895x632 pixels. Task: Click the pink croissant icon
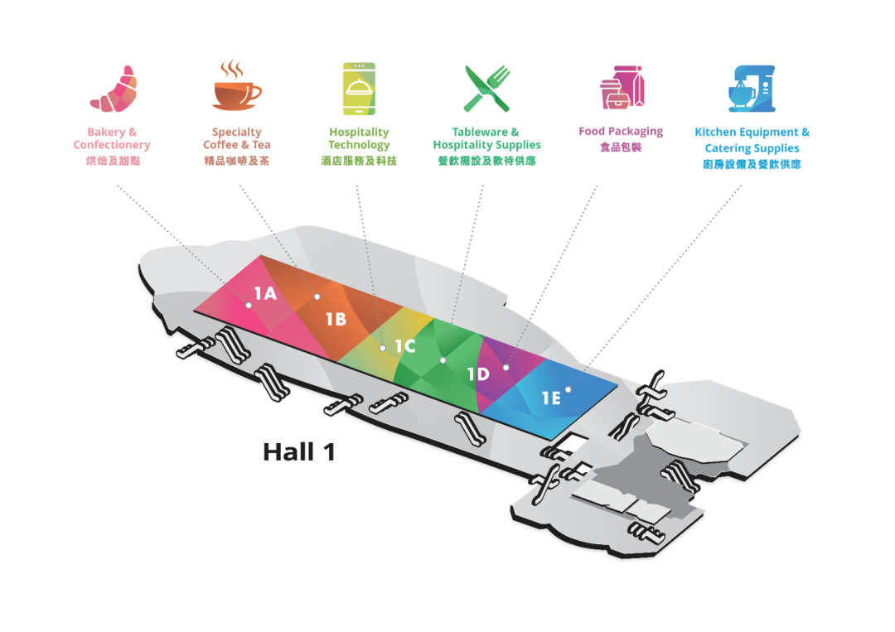point(114,89)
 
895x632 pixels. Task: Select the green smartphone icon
point(359,89)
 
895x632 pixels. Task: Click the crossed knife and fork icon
point(487,89)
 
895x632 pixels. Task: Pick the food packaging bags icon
point(622,87)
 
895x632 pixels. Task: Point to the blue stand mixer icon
point(752,89)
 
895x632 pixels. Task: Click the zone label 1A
point(265,293)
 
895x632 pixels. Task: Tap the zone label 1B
point(336,319)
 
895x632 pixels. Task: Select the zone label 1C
point(405,345)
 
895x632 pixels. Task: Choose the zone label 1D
point(478,374)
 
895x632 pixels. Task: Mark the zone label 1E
point(551,398)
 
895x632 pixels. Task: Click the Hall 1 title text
point(299,452)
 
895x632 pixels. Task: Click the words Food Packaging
point(621,131)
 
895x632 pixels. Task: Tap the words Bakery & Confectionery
point(112,138)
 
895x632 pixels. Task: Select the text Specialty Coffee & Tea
point(237,138)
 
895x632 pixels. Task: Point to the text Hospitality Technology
point(359,138)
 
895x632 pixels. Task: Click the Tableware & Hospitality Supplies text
point(487,138)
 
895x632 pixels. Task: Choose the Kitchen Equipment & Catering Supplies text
point(752,140)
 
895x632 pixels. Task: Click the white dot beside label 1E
point(568,389)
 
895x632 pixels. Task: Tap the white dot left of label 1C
point(382,348)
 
